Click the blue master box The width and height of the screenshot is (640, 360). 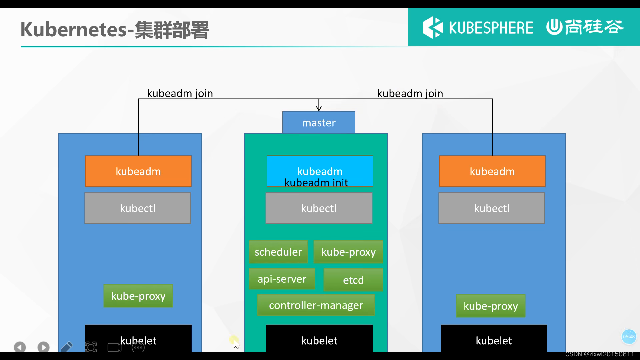(319, 122)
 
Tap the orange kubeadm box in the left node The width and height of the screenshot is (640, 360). (138, 171)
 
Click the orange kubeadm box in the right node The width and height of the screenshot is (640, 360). (492, 171)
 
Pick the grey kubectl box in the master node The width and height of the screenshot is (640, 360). (319, 208)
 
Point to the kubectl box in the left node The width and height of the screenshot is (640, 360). (137, 208)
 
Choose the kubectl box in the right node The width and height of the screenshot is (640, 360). (491, 208)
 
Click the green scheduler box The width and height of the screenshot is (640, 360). (278, 252)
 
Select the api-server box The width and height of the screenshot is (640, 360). (282, 279)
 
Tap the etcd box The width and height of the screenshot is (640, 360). (353, 280)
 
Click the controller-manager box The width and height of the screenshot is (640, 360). (316, 305)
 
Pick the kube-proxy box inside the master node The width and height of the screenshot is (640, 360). (348, 252)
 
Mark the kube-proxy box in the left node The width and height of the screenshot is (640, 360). (138, 296)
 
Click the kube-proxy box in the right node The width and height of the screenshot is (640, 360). (490, 306)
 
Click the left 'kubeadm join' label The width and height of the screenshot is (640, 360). (180, 93)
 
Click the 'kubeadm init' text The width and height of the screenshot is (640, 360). (316, 183)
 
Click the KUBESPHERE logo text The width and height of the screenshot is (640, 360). (491, 27)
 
